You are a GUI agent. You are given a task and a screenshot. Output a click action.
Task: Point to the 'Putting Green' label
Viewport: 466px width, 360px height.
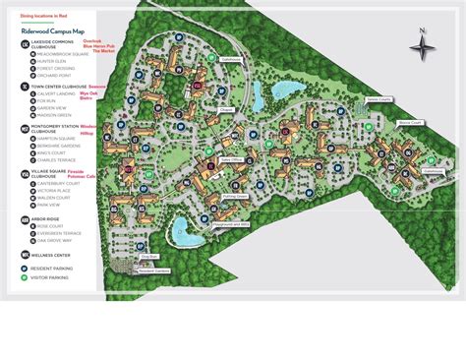[234, 196]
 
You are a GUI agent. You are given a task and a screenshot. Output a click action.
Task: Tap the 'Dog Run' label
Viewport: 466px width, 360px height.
[149, 257]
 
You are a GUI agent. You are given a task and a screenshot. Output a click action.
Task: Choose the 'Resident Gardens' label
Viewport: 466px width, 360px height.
[155, 270]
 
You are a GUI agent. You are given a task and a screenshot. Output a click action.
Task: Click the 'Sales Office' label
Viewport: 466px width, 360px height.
[230, 157]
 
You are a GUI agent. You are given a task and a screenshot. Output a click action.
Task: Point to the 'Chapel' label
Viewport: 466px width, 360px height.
[226, 109]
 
